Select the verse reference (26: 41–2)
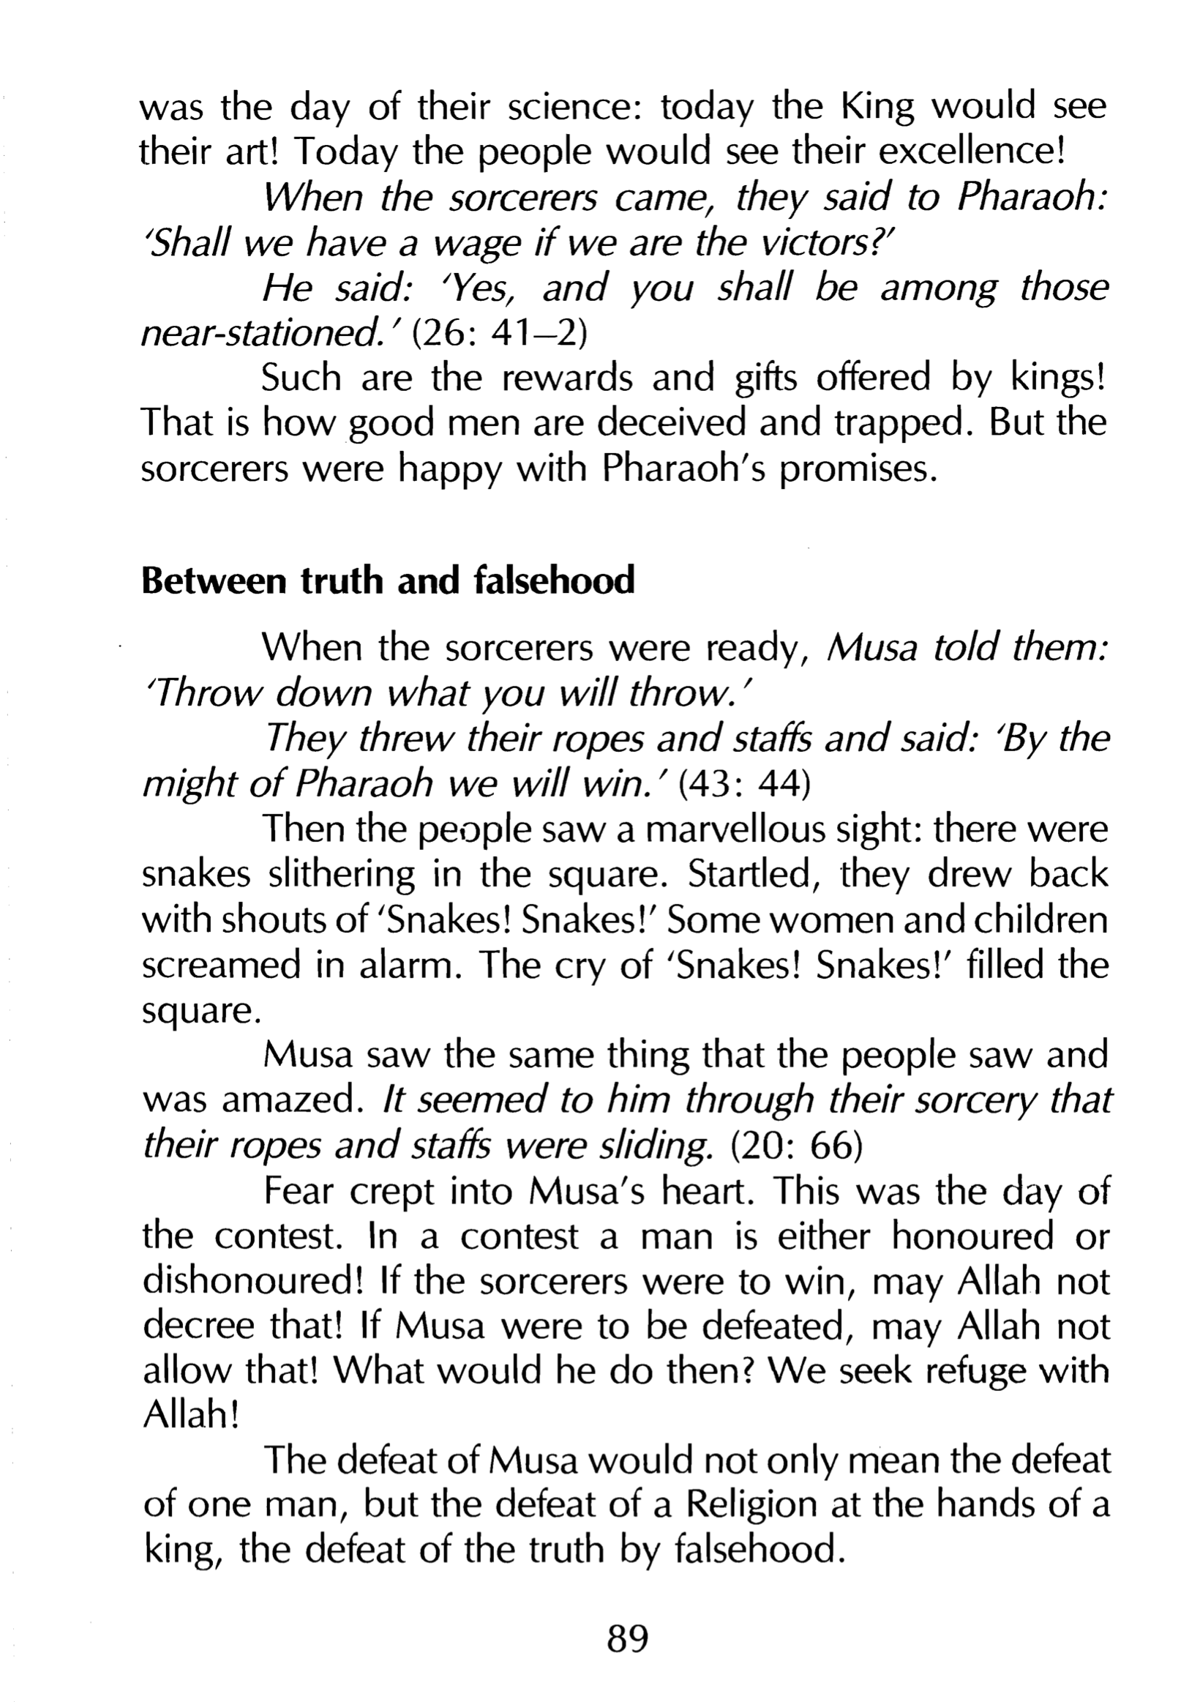pos(499,332)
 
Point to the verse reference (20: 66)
pos(796,1146)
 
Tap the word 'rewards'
pos(568,378)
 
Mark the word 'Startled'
pos(754,874)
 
